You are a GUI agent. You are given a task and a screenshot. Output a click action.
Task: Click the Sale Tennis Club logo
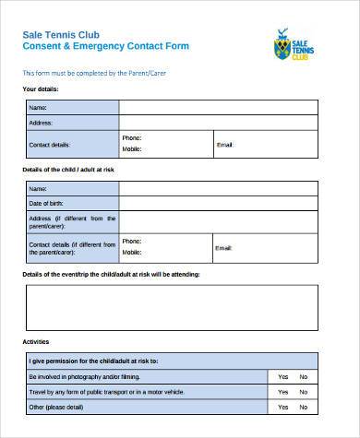tap(294, 44)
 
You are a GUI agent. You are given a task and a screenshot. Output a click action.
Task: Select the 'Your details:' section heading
tap(41, 89)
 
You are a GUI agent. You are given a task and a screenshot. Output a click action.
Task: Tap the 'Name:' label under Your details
tap(39, 108)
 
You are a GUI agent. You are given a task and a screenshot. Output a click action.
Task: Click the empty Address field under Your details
tap(218, 123)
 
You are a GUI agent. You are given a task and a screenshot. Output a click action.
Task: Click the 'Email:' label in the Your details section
tap(224, 145)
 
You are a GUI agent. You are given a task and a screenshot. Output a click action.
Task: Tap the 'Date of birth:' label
tap(47, 203)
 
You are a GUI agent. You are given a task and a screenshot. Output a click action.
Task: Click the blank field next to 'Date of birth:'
tap(218, 203)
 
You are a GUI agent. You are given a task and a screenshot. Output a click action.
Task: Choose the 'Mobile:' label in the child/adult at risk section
tap(132, 253)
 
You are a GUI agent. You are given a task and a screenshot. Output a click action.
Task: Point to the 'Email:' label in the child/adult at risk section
tap(224, 247)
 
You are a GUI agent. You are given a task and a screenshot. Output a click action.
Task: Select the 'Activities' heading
tap(36, 341)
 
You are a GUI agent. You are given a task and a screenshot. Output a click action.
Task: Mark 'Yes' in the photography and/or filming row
tap(282, 376)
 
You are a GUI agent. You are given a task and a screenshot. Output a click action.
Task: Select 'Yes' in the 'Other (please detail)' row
tap(282, 408)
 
